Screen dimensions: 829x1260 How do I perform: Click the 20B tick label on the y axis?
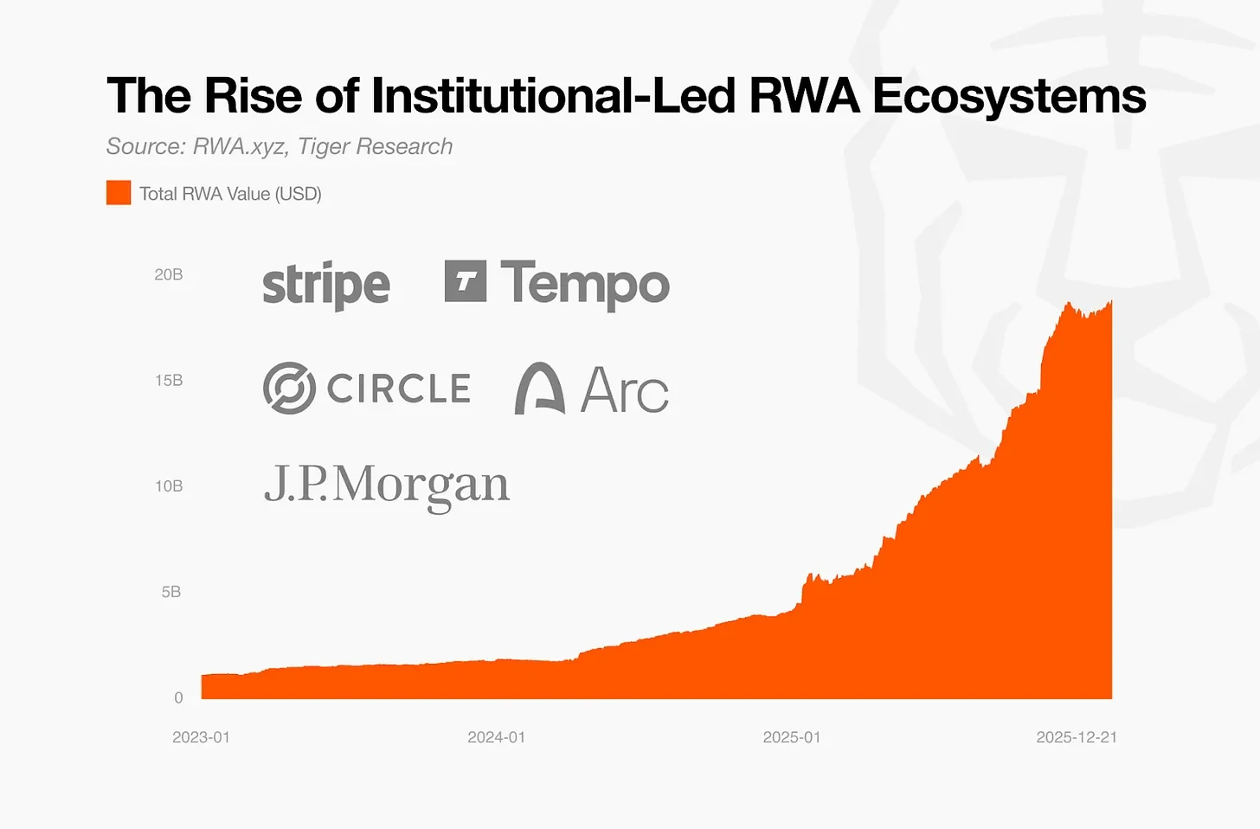[169, 275]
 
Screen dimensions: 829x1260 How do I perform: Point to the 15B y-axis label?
[169, 381]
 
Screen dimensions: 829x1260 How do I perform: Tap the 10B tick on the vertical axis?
[169, 486]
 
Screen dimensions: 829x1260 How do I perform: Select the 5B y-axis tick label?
[171, 592]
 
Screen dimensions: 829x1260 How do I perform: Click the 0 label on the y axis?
[178, 697]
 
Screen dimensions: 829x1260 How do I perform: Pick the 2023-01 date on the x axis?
[201, 737]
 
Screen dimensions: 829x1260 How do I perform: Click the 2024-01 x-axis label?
[496, 737]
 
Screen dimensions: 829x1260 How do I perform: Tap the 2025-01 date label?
[791, 737]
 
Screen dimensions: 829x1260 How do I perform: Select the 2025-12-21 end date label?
[1077, 737]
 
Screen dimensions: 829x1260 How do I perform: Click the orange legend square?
[119, 193]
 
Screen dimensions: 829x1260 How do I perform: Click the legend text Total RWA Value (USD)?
[230, 194]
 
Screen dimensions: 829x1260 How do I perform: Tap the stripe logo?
[326, 285]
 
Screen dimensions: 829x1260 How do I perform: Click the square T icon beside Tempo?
[466, 281]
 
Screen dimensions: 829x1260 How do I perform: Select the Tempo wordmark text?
[585, 285]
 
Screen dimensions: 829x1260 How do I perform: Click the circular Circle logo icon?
[289, 388]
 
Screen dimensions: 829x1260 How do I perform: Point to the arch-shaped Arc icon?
[540, 389]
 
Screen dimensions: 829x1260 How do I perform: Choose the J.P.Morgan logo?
[387, 485]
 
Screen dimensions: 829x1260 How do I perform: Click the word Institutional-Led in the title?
[554, 95]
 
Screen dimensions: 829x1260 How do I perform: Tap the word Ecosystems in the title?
[1009, 95]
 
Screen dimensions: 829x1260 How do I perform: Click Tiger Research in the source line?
[375, 146]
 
